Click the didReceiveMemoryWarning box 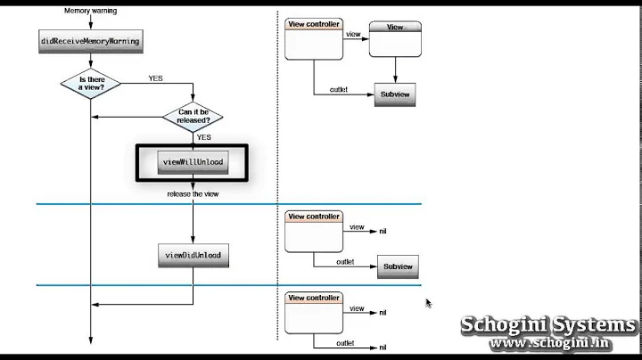tap(91, 41)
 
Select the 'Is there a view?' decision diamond tap(91, 83)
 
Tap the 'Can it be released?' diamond tap(193, 116)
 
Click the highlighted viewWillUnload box tap(193, 162)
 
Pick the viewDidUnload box tap(193, 256)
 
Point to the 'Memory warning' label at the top tap(91, 11)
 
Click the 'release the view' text tap(193, 193)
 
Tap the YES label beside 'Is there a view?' tap(155, 78)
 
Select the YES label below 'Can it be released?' tap(203, 138)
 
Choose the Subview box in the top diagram tap(394, 94)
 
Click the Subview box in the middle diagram tap(398, 266)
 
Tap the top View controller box tap(314, 40)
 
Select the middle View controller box tap(314, 232)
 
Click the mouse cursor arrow tap(429, 303)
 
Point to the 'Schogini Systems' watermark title tap(548, 324)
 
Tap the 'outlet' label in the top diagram tap(339, 89)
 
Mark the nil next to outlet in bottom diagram tap(383, 348)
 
